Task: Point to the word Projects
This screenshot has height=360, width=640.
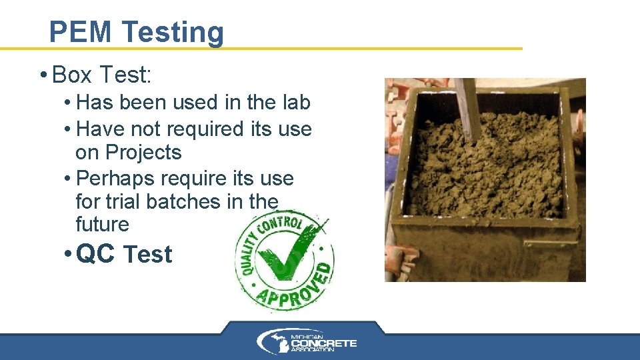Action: click(128, 153)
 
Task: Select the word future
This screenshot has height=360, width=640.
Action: click(103, 224)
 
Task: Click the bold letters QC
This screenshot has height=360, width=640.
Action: click(96, 254)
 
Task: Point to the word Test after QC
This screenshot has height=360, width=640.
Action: click(148, 254)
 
